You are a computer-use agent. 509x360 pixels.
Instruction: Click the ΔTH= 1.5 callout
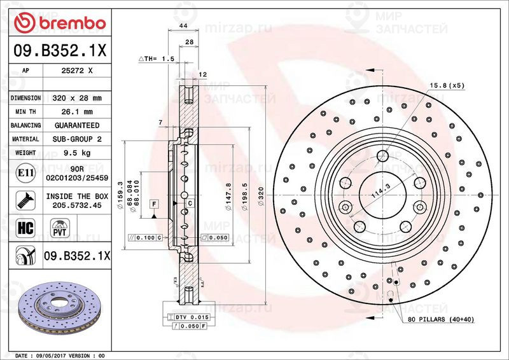click(157, 59)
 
